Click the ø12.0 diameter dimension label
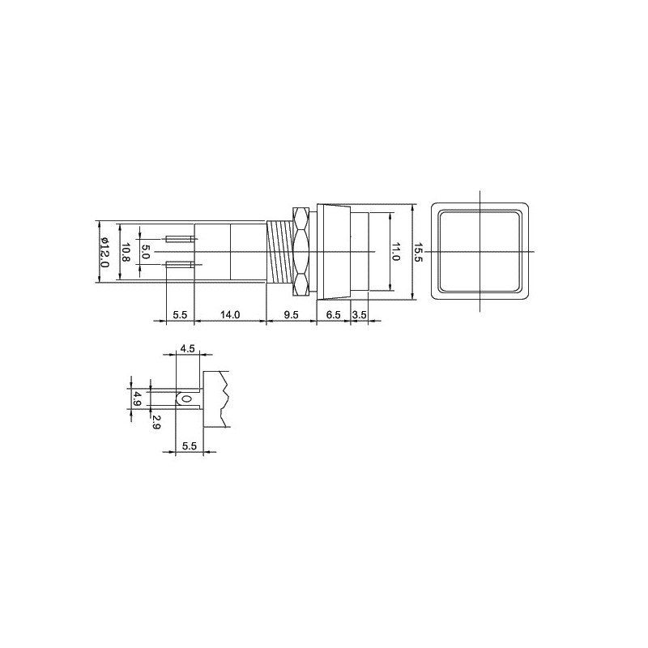click(x=104, y=252)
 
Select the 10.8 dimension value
click(x=126, y=252)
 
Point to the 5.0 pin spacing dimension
click(x=146, y=252)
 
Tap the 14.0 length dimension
click(x=230, y=315)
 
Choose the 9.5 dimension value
click(x=291, y=315)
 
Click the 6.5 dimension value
click(x=333, y=315)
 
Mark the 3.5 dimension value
click(x=360, y=315)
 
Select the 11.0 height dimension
click(x=396, y=252)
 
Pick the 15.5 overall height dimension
click(x=419, y=252)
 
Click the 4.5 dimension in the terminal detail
click(x=188, y=348)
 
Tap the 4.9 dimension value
click(x=137, y=399)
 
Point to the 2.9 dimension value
click(x=156, y=420)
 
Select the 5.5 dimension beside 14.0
click(x=180, y=315)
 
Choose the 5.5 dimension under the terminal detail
click(x=190, y=446)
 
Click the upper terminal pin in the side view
click(x=180, y=239)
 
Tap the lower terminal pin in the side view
click(x=180, y=264)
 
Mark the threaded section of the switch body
click(x=280, y=252)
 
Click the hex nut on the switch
click(x=302, y=252)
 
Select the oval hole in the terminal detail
click(x=187, y=399)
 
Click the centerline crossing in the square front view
click(x=481, y=252)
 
